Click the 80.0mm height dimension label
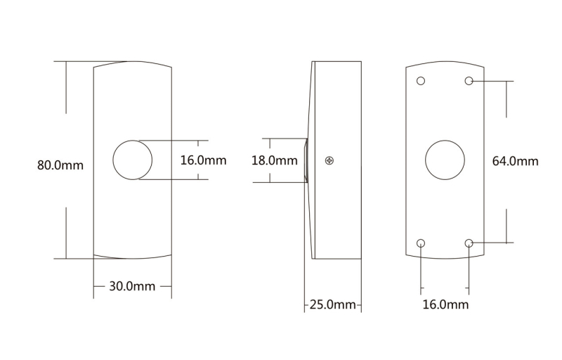[x=60, y=165]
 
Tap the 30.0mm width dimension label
[x=132, y=286]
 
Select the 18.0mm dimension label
[x=275, y=160]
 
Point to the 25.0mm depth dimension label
[x=332, y=304]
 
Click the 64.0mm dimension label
[x=516, y=161]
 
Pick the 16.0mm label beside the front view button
[x=203, y=160]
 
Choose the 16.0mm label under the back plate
[x=445, y=304]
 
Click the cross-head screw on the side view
[x=329, y=160]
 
